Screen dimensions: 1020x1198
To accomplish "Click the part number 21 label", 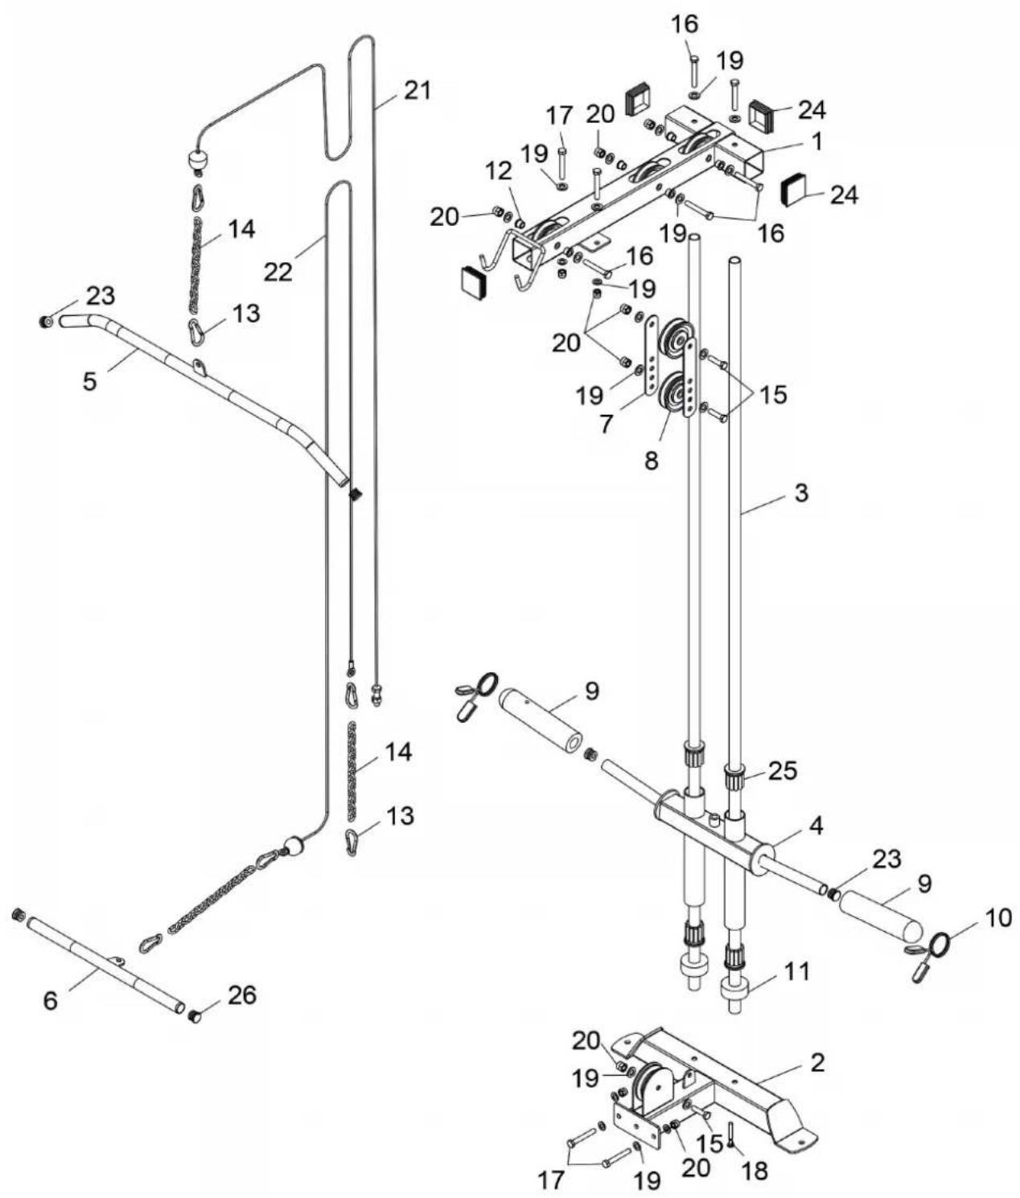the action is click(417, 91).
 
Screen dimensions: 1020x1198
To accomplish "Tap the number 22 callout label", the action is click(278, 271).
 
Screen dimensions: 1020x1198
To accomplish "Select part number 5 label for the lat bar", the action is click(90, 381).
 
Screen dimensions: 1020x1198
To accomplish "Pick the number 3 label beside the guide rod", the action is click(801, 493).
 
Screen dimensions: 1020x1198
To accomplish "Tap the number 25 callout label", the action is click(783, 770).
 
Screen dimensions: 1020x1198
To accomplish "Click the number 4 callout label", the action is click(816, 827).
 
